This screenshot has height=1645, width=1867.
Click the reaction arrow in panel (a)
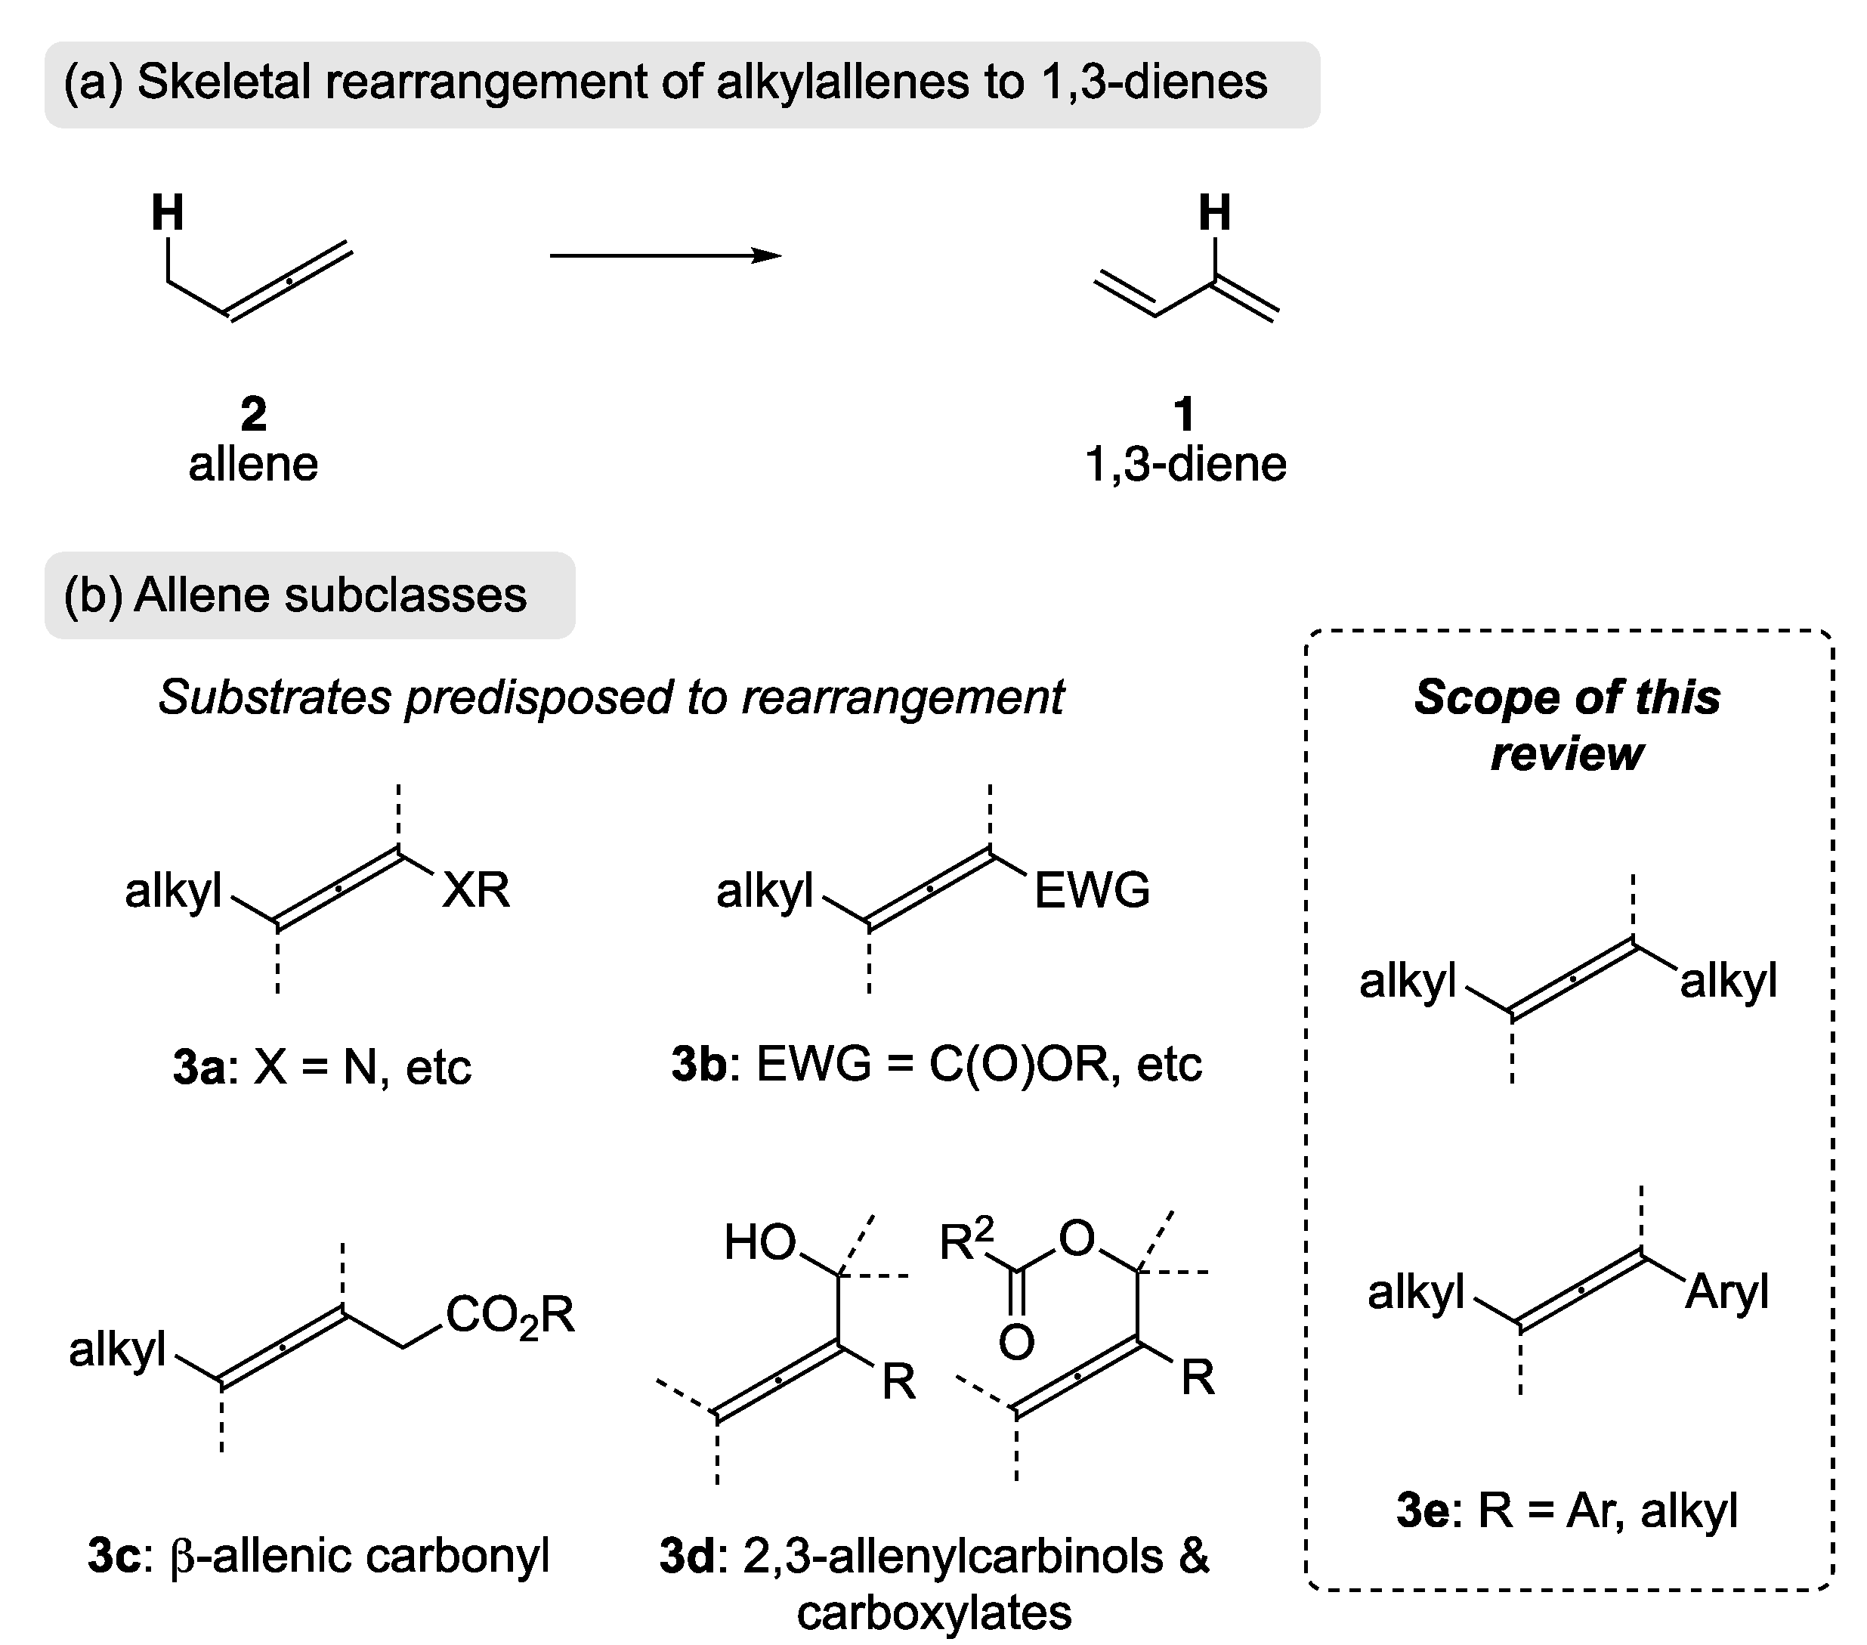click(x=665, y=255)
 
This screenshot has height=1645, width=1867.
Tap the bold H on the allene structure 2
click(x=168, y=214)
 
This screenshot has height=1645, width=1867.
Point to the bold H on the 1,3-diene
click(x=1214, y=214)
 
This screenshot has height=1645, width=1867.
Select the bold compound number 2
click(x=253, y=415)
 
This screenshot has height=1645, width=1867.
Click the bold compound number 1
click(x=1185, y=415)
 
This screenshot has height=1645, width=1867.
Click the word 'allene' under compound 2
click(x=253, y=464)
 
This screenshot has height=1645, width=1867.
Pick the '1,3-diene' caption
click(x=1185, y=464)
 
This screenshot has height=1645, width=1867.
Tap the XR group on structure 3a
click(x=475, y=889)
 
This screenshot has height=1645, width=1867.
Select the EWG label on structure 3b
click(x=1092, y=889)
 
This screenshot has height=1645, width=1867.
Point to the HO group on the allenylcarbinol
click(x=760, y=1243)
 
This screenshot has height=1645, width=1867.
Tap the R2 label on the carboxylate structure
click(x=966, y=1239)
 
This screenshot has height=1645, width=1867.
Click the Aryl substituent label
click(x=1726, y=1292)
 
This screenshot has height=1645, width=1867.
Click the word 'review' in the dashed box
click(x=1566, y=754)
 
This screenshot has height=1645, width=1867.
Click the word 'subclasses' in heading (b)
click(x=406, y=595)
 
